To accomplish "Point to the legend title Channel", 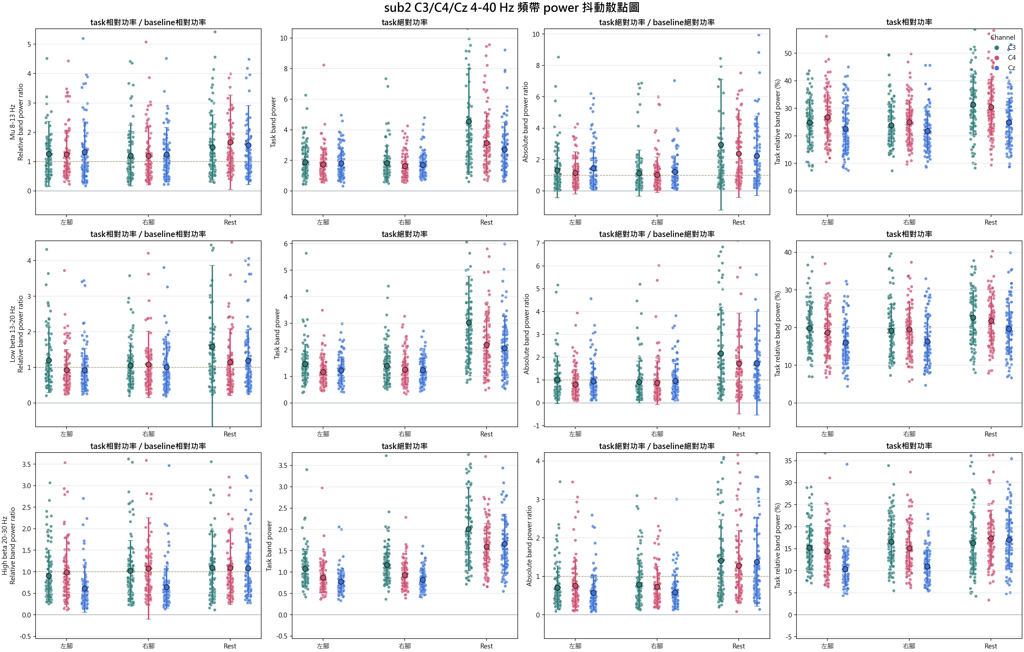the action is pos(1003,38).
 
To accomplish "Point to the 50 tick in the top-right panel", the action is pos(788,54).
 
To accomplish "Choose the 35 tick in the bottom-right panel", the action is pos(788,461).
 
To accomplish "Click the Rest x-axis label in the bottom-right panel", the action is pos(991,646).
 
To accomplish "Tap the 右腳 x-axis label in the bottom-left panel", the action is pos(148,646).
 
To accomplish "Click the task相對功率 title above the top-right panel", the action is pos(909,22).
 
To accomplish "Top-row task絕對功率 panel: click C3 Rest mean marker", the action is pos(469,122).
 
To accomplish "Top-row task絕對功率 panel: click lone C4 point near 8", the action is pos(324,65).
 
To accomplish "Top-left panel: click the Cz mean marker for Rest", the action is pos(248,145).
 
